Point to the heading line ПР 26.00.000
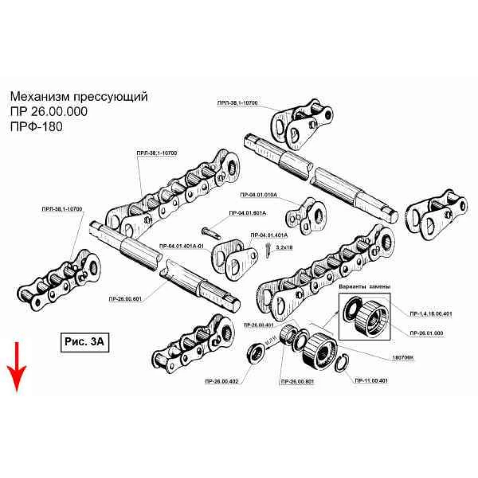coord(48,112)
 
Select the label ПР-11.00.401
coord(370,380)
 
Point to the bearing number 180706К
coord(403,357)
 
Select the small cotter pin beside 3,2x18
coord(269,249)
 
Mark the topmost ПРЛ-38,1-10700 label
coord(237,103)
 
